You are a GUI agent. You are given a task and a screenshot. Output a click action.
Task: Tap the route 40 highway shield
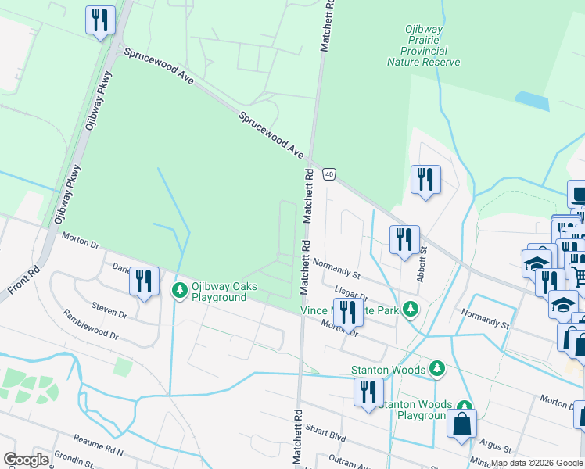329,174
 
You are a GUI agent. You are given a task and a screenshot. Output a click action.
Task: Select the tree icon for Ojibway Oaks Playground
179,291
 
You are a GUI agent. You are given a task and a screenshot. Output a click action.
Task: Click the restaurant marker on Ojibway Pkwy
100,20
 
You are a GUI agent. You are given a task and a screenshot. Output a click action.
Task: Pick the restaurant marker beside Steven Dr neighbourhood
144,281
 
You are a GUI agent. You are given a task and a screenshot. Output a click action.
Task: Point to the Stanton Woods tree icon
437,368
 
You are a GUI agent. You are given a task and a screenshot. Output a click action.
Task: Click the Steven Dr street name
109,310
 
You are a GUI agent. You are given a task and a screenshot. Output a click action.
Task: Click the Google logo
26,460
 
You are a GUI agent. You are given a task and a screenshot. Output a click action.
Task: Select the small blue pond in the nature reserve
531,100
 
